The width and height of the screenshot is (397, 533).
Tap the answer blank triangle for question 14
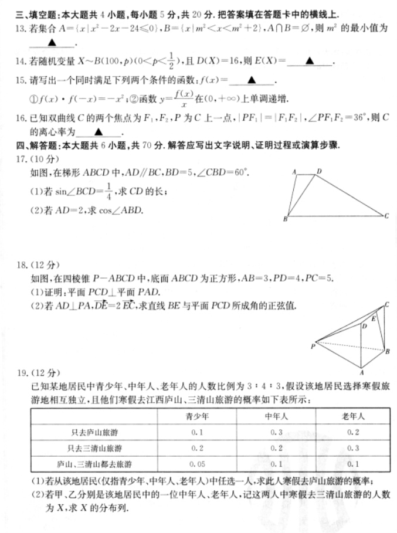309,62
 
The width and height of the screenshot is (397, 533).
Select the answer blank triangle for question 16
97,133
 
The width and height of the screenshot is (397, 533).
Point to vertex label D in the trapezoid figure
319,171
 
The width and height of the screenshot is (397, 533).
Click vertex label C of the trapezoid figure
386,216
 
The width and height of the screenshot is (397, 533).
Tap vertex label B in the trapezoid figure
285,219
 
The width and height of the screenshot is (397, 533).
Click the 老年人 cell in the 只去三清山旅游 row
353,448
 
